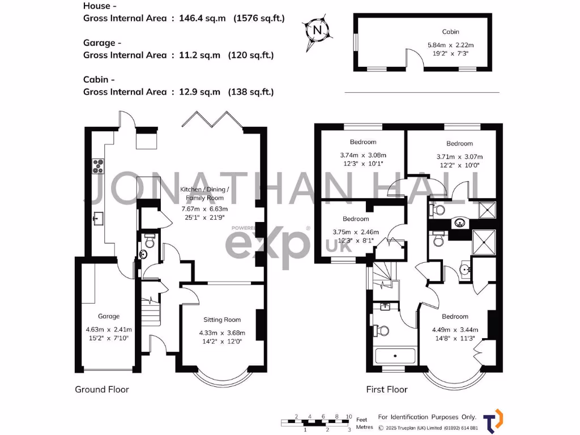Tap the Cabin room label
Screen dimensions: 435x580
tap(451, 32)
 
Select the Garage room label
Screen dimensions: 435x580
tap(109, 317)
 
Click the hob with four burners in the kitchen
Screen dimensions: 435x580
tap(99, 166)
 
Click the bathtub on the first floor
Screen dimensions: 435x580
tap(395, 357)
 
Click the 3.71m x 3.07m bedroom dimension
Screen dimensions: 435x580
tap(459, 157)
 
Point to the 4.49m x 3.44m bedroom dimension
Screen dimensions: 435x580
tap(455, 330)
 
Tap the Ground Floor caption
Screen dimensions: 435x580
tap(102, 390)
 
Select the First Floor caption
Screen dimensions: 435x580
tap(387, 390)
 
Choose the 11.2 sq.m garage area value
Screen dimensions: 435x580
tap(200, 55)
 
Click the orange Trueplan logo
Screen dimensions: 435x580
tap(497, 420)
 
